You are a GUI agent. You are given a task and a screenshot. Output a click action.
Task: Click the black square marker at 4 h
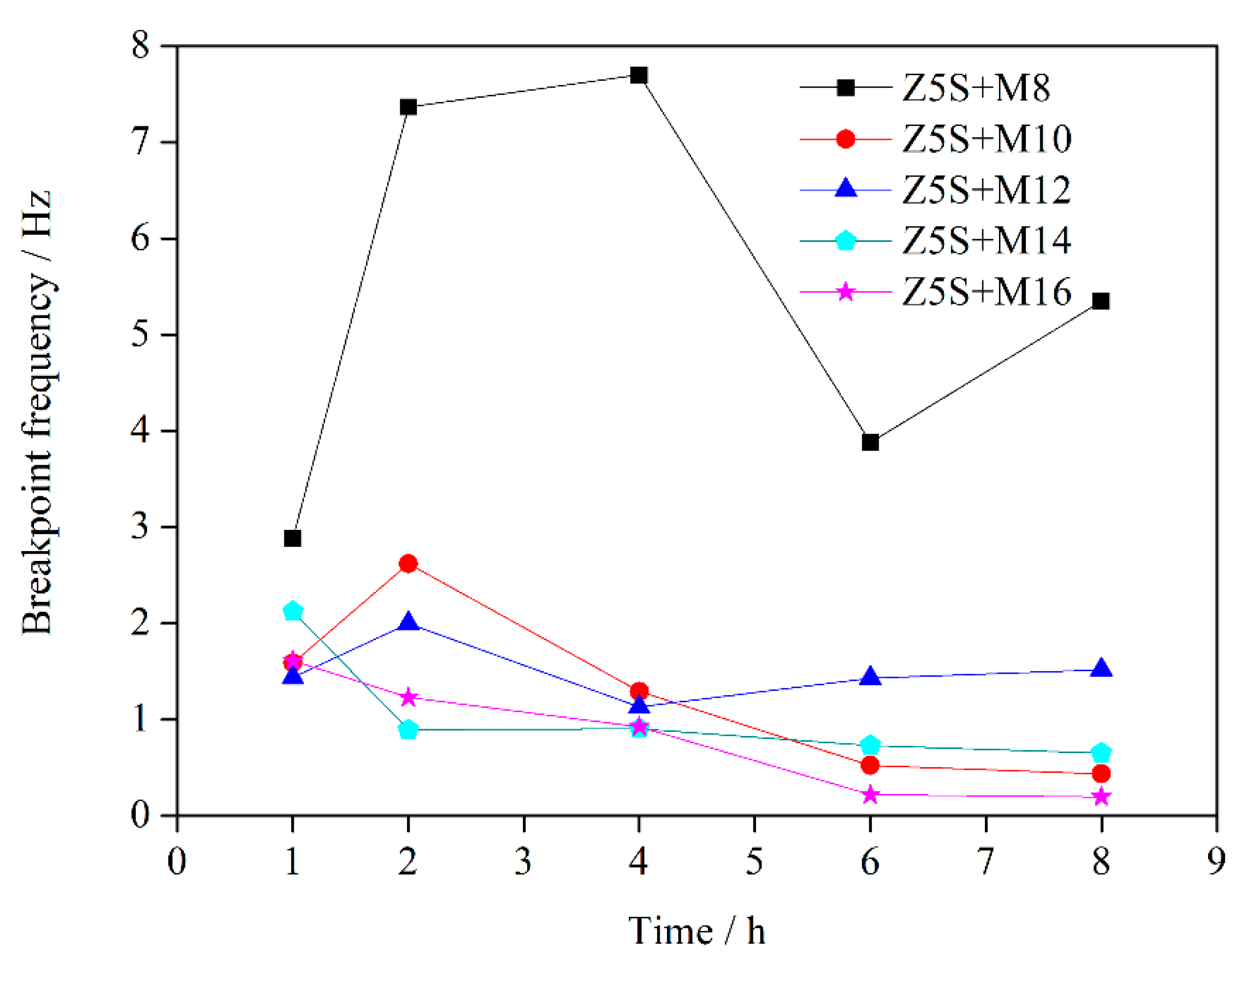pyautogui.click(x=638, y=75)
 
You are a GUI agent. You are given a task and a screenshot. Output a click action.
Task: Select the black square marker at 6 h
pyautogui.click(x=870, y=442)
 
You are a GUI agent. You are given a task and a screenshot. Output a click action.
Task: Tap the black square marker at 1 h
pyautogui.click(x=292, y=538)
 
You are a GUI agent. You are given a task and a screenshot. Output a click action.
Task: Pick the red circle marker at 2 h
pyautogui.click(x=408, y=564)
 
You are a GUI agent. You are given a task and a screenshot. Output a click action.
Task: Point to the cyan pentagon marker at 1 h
pyautogui.click(x=293, y=611)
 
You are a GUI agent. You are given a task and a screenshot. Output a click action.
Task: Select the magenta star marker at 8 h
pyautogui.click(x=1101, y=797)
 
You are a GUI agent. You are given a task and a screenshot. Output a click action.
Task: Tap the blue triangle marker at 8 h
pyautogui.click(x=1101, y=669)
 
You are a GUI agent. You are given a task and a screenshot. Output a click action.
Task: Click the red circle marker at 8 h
pyautogui.click(x=1101, y=774)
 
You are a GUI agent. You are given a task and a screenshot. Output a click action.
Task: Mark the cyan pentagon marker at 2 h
pyautogui.click(x=408, y=730)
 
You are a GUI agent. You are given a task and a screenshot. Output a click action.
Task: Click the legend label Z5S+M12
pyautogui.click(x=986, y=190)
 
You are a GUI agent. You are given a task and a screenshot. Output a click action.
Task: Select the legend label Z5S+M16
pyautogui.click(x=986, y=292)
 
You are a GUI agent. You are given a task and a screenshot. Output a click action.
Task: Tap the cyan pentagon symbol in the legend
pyautogui.click(x=845, y=241)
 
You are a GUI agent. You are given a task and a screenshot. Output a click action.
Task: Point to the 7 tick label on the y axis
pyautogui.click(x=140, y=142)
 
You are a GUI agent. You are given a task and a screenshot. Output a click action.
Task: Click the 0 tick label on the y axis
pyautogui.click(x=140, y=814)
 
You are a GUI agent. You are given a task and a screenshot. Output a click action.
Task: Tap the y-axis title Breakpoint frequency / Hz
pyautogui.click(x=37, y=413)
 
